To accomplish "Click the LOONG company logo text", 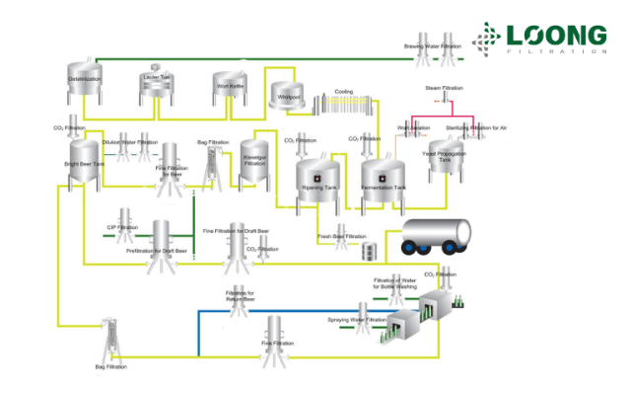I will tap(558, 35).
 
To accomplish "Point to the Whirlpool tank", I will tap(287, 95).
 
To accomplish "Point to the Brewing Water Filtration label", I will tap(434, 45).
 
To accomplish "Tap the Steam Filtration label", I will tap(443, 89).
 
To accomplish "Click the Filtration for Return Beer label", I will tap(240, 294).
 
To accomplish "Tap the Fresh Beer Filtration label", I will tap(341, 237).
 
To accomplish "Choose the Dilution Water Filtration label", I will tap(129, 142).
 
